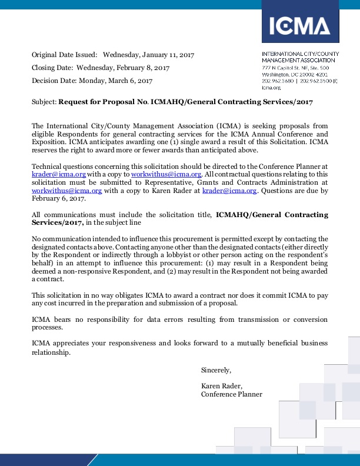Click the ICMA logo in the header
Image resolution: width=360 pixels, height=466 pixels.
(x=299, y=26)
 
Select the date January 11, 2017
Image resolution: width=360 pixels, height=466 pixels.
(x=165, y=55)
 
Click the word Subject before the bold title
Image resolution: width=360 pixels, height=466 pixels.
(x=44, y=101)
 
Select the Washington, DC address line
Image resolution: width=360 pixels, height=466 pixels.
(x=294, y=75)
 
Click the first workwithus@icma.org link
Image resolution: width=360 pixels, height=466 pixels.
(x=166, y=175)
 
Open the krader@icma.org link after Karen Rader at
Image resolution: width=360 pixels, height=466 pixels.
(x=229, y=191)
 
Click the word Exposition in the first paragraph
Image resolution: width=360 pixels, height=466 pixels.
(x=50, y=142)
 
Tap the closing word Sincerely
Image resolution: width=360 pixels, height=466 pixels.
(x=216, y=370)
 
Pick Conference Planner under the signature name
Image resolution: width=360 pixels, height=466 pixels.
(x=232, y=394)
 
